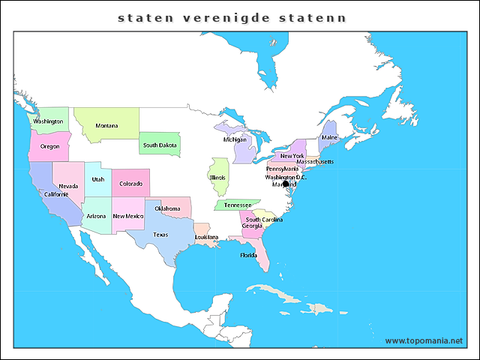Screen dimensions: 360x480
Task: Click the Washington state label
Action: [x=48, y=121]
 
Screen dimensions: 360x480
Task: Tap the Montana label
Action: [x=106, y=125]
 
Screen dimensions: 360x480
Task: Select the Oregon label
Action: [x=49, y=147]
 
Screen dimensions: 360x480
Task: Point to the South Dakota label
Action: [x=160, y=145]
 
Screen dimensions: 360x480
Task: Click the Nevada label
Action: [x=68, y=186]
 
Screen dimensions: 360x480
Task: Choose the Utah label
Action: [x=98, y=180]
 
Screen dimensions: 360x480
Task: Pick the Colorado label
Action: [x=130, y=184]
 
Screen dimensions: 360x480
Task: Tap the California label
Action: [x=56, y=194]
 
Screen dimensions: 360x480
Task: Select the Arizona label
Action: [x=96, y=216]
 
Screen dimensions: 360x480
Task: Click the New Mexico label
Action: [x=127, y=216]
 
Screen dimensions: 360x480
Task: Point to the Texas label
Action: [x=160, y=235]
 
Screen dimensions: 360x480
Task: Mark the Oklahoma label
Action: [x=167, y=208]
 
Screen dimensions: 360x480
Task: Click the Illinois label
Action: [x=217, y=178]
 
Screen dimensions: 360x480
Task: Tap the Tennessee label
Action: [x=238, y=205]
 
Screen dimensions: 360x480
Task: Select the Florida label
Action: [x=248, y=255]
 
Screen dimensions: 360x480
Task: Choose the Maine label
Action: [x=329, y=138]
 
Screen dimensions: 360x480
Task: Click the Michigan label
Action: [x=234, y=139]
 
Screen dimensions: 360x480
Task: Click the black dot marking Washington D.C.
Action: [x=286, y=184]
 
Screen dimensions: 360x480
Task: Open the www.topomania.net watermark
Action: [x=424, y=340]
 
